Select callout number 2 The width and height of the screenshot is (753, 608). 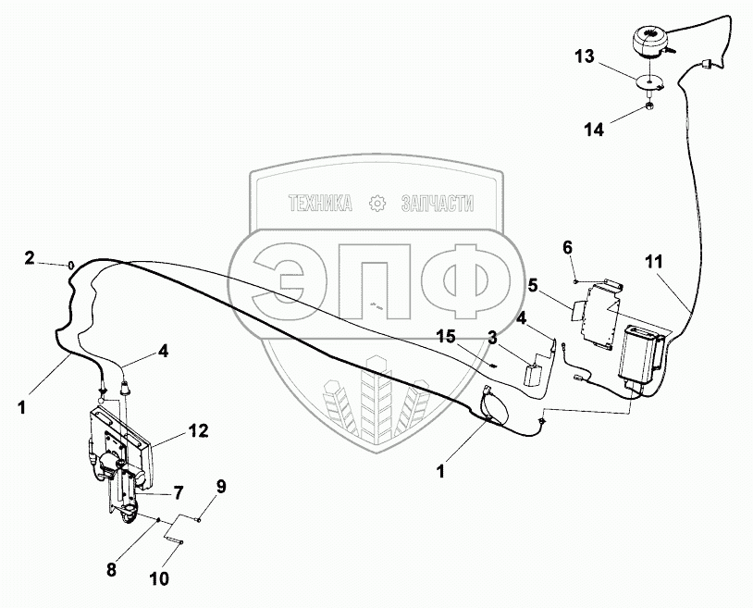coord(30,257)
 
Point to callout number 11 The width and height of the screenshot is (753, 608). coord(655,264)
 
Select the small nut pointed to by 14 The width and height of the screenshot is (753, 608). coord(649,109)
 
